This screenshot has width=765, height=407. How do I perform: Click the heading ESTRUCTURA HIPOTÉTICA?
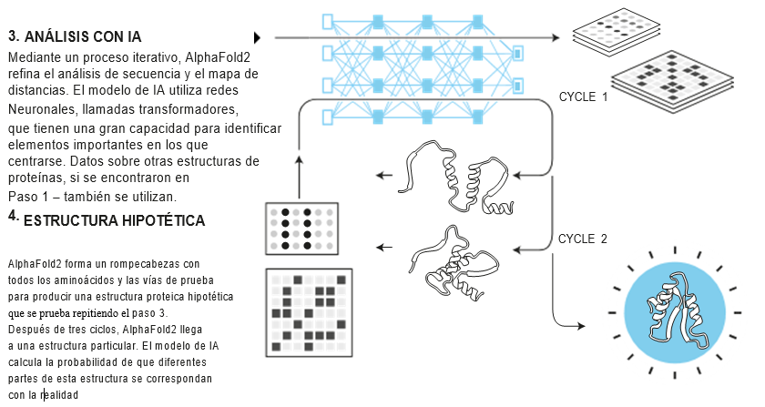pyautogui.click(x=114, y=221)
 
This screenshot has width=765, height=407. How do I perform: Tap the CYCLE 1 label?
pyautogui.click(x=583, y=97)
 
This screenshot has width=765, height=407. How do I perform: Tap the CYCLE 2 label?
pyautogui.click(x=582, y=239)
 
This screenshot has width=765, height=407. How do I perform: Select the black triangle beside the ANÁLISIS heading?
pyautogui.click(x=257, y=37)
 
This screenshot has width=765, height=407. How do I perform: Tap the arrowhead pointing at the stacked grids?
pyautogui.click(x=556, y=37)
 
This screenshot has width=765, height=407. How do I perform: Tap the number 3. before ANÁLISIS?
pyautogui.click(x=14, y=37)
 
